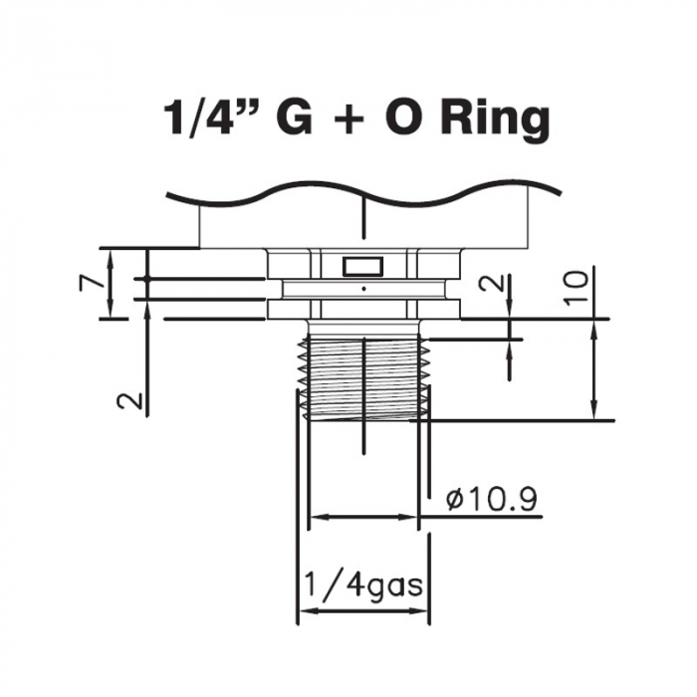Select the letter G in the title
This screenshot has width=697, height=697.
click(294, 116)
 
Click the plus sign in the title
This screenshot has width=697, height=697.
click(348, 120)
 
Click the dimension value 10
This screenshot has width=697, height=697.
click(577, 288)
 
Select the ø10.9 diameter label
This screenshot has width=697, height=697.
click(491, 499)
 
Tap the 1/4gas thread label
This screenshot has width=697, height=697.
click(363, 585)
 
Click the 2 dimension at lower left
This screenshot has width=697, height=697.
click(129, 401)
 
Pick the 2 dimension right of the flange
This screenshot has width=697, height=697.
click(493, 282)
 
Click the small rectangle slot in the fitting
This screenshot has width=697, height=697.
click(363, 266)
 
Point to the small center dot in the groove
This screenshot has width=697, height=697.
click(364, 289)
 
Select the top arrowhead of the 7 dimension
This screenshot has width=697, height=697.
click(111, 258)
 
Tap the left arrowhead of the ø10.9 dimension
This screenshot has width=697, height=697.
click(320, 517)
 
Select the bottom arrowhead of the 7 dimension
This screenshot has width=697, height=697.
click(111, 309)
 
